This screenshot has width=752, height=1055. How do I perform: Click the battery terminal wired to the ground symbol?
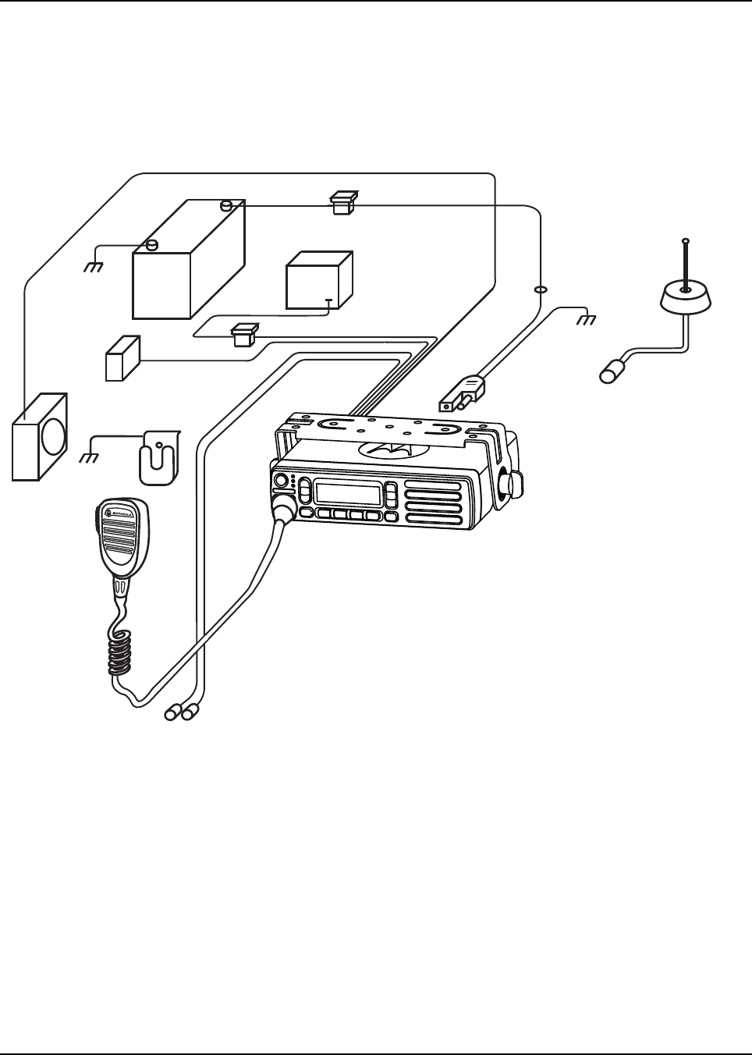(x=153, y=244)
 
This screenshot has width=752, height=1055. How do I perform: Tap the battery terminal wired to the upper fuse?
(x=225, y=206)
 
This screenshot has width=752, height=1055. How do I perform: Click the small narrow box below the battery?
(x=122, y=358)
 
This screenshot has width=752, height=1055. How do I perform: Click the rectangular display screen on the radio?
(x=348, y=494)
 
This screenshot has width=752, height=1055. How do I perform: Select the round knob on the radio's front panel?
(x=281, y=481)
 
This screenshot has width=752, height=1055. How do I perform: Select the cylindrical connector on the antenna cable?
(x=613, y=371)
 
